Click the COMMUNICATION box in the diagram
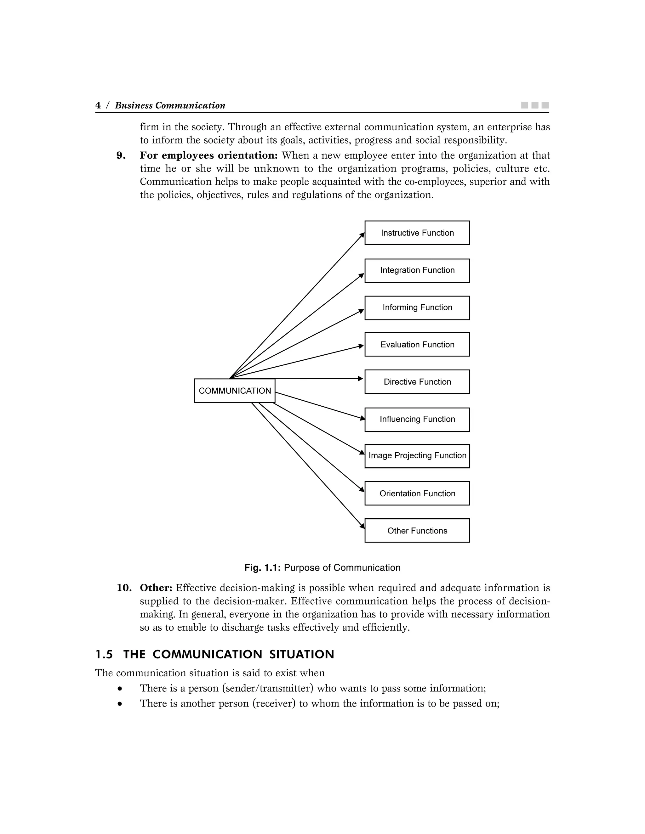tap(234, 391)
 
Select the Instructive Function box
tap(417, 233)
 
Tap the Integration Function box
tap(417, 270)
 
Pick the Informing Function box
tap(417, 308)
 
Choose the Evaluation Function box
tap(417, 344)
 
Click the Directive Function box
tap(417, 381)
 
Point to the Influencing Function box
tap(417, 419)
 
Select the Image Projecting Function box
tap(417, 456)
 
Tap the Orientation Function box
tap(417, 493)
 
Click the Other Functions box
tap(417, 530)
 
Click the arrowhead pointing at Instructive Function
tap(362, 235)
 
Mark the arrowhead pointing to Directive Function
tap(360, 378)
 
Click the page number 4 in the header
tap(98, 105)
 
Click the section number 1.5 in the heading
tap(104, 655)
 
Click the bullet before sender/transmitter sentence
tap(120, 689)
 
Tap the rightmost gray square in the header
tap(545, 105)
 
